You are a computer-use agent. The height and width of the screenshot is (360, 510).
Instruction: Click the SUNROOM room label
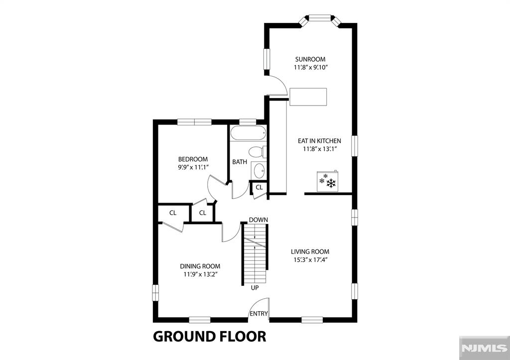tap(310, 59)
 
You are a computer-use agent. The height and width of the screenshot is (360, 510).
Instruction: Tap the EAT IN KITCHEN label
tap(319, 141)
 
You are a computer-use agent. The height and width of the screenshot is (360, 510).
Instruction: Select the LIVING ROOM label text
tap(310, 251)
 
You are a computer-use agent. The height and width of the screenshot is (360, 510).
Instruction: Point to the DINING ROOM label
tap(200, 266)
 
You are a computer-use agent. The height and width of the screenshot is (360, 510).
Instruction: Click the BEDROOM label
tap(193, 159)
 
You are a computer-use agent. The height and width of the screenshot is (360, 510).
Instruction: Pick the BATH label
tap(240, 162)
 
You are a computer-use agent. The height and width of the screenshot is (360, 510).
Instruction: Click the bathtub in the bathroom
tap(249, 133)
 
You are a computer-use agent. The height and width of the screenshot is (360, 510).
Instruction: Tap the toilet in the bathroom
tap(257, 151)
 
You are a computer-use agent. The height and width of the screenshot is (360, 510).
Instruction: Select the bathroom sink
tap(259, 170)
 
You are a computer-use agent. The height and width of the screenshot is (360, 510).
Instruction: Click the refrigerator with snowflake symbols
tap(327, 181)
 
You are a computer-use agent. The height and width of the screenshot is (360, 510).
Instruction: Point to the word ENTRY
tap(258, 314)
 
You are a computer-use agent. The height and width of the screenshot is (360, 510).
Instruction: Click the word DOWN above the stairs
tap(258, 220)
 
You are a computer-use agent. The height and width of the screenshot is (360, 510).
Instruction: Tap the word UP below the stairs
tap(255, 288)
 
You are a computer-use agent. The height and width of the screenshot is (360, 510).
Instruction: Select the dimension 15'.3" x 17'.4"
tap(310, 260)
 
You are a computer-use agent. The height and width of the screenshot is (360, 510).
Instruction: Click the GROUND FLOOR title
tap(210, 336)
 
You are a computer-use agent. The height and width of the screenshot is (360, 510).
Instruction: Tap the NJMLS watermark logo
tap(484, 348)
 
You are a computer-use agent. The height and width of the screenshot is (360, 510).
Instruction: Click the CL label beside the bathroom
tap(259, 187)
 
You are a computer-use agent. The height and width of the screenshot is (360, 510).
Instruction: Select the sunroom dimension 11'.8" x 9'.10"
tap(310, 68)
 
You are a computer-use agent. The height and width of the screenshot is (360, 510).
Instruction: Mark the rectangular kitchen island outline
tap(308, 97)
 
